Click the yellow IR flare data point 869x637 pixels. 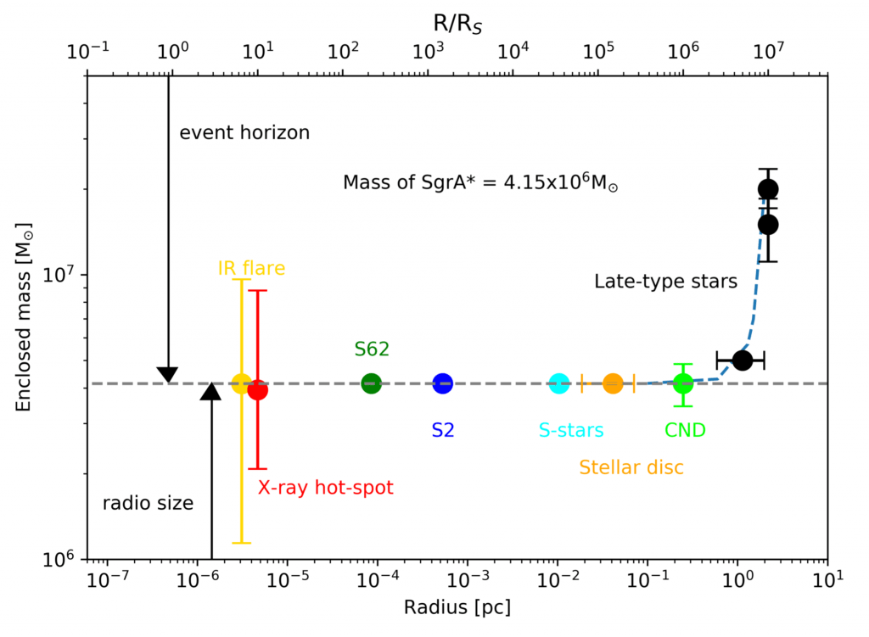241,383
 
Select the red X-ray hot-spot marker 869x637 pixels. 258,389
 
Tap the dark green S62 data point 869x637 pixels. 372,383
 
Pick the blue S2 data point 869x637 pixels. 443,383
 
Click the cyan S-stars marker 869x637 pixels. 559,383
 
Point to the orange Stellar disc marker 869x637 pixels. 613,383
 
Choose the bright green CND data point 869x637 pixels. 683,384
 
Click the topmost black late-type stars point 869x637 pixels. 768,189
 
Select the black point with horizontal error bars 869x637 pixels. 742,360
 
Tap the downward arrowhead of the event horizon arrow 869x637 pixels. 168,375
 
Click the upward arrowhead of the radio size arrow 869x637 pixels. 210,391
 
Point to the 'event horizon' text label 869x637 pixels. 244,132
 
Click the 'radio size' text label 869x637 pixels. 148,503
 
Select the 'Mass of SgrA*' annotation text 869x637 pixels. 479,182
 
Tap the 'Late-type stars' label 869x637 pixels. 665,282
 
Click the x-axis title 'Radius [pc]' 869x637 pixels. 457,607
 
